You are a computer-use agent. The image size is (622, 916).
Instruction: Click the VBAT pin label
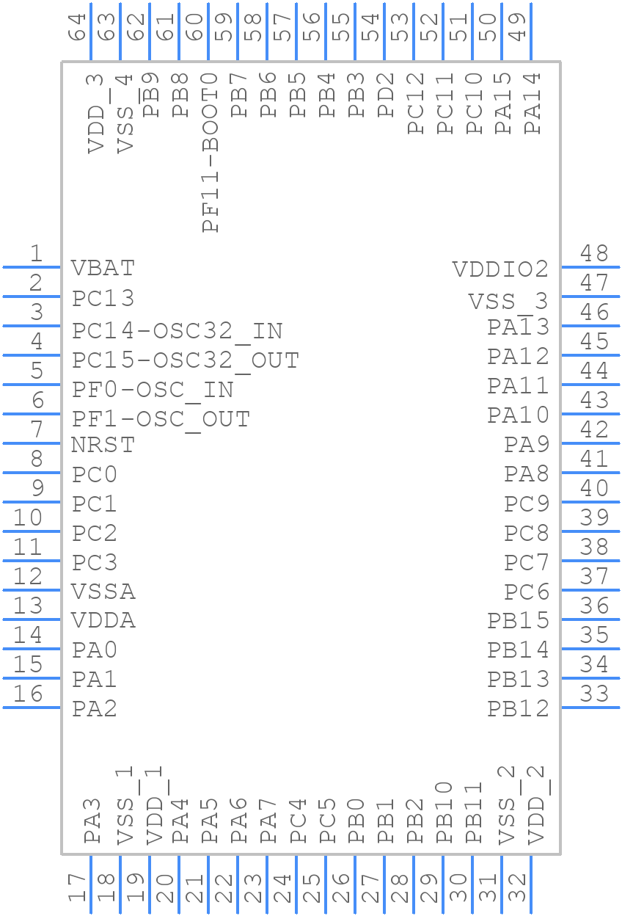(x=103, y=268)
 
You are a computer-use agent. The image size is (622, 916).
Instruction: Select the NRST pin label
(x=103, y=445)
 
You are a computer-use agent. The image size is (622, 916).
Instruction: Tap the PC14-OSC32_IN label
(x=177, y=331)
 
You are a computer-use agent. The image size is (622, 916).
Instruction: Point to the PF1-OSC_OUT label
(x=161, y=419)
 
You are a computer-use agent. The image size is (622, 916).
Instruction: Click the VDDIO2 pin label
(x=500, y=269)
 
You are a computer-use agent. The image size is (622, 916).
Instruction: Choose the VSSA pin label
(x=103, y=592)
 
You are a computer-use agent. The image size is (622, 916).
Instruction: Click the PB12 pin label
(x=518, y=709)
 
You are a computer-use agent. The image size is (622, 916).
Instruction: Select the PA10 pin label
(x=518, y=415)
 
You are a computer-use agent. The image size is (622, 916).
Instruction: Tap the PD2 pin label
(x=386, y=95)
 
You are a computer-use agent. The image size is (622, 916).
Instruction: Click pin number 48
(x=594, y=254)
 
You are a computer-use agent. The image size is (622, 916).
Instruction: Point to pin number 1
(x=35, y=254)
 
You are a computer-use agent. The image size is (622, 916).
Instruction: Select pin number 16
(x=28, y=694)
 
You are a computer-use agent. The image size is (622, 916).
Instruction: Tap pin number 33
(x=594, y=694)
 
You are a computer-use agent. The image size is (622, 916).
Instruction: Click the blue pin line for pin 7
(x=32, y=443)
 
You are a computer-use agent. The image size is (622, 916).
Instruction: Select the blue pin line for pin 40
(x=590, y=502)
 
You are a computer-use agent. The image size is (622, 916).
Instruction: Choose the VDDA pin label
(x=103, y=621)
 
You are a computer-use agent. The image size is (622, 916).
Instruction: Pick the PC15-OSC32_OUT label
(x=185, y=360)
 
